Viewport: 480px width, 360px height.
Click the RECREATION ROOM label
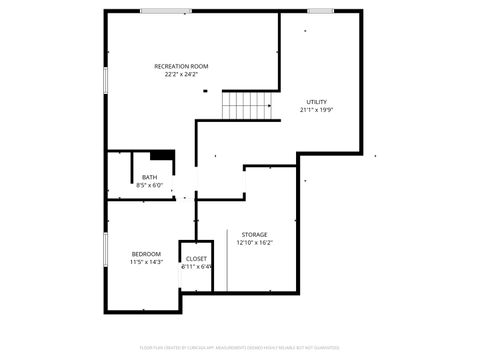pos(181,66)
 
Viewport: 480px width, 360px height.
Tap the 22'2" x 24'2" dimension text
pos(181,74)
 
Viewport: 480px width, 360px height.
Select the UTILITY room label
pos(316,102)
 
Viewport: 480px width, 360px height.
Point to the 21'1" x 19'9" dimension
pos(316,110)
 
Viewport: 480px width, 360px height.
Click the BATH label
pos(149,177)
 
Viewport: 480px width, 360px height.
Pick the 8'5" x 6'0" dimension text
pos(149,185)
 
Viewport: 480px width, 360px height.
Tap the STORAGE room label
pos(254,234)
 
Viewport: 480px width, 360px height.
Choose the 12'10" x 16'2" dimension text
pos(254,242)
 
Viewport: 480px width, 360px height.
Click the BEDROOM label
pos(146,254)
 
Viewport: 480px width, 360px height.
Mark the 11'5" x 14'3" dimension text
pos(146,262)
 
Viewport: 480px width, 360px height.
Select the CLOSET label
pos(197,258)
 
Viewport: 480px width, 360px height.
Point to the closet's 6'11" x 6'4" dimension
pos(197,266)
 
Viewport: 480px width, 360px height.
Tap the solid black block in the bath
pos(162,155)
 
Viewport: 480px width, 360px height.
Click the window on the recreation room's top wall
pos(166,11)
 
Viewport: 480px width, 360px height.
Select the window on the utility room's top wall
pos(320,11)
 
